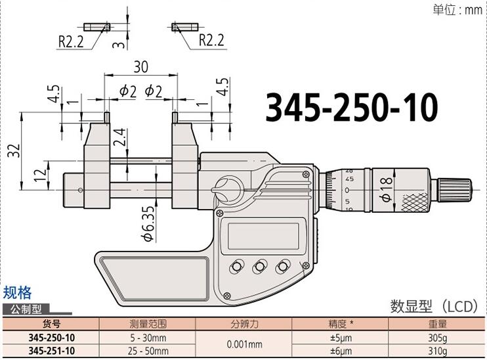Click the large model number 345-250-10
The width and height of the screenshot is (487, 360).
351,108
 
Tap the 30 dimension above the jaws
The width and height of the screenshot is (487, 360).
140,68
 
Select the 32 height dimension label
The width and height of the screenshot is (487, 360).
12,151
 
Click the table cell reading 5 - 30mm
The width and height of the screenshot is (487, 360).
148,337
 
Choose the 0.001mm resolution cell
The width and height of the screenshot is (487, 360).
244,344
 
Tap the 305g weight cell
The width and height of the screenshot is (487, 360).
438,337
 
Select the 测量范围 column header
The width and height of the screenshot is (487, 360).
148,324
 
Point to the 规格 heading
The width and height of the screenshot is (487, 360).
17,293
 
